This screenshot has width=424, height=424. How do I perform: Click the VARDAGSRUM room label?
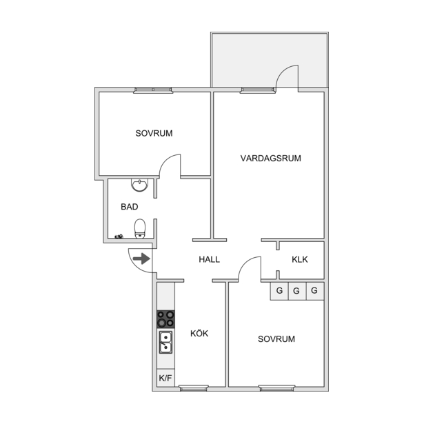[271, 158]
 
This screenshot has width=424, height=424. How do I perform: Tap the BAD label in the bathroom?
[130, 207]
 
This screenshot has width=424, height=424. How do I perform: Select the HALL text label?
[210, 260]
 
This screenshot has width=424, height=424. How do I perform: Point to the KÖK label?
[199, 333]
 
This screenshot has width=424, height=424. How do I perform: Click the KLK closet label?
[300, 260]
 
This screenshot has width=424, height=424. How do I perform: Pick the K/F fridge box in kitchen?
[165, 378]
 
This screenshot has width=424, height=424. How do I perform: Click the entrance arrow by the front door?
[142, 259]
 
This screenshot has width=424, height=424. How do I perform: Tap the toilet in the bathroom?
[140, 229]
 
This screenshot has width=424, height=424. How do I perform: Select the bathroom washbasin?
[139, 185]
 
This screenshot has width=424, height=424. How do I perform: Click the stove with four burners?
[165, 319]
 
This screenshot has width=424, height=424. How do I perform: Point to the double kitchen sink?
[165, 343]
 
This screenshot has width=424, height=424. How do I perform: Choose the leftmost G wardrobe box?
[279, 291]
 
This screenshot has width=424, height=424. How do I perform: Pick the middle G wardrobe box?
[297, 291]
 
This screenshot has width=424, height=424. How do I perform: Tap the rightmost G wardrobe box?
[315, 291]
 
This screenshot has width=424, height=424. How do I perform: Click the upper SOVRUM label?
[154, 133]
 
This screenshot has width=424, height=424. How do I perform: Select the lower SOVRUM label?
[276, 339]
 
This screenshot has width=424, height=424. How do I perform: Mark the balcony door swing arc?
[282, 70]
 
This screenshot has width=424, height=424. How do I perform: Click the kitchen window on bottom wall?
[194, 388]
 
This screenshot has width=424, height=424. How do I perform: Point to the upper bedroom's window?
[153, 90]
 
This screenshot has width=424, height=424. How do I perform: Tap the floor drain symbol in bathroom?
[119, 236]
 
